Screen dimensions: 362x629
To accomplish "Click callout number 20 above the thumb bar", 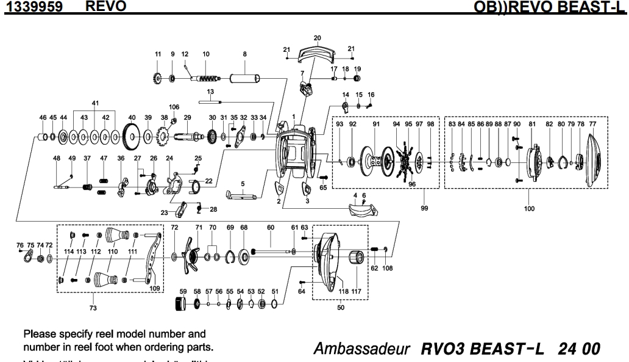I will point(317,38).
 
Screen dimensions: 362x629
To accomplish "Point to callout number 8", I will point(244,54).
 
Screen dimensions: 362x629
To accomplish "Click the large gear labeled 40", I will point(132,136).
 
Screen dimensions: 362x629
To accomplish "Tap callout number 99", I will point(424,208).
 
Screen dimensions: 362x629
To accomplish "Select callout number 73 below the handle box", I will point(93,308).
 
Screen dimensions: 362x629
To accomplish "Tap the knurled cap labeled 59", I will point(181,303).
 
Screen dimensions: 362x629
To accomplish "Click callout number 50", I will point(340,308).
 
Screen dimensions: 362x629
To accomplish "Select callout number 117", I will point(357,292).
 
